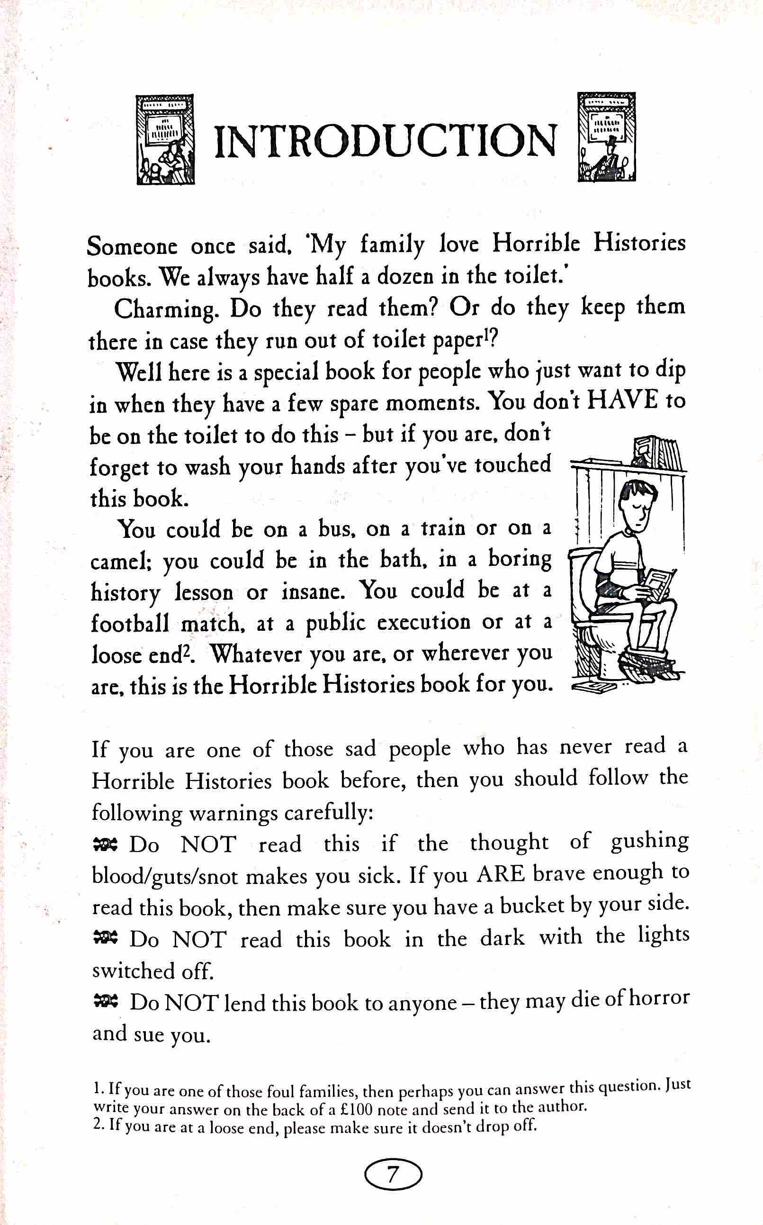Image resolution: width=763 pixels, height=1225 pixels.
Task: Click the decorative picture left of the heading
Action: point(165,139)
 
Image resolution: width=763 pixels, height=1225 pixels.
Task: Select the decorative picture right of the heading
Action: point(606,137)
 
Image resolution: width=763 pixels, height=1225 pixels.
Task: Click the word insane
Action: point(314,592)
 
